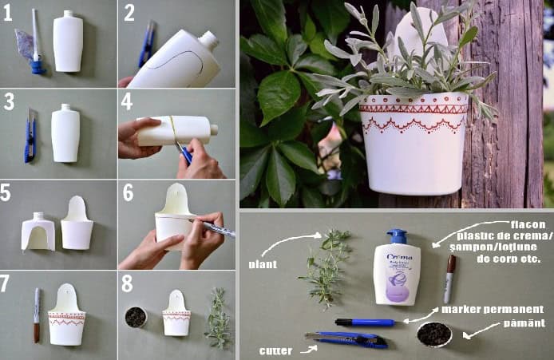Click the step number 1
coord(9,13)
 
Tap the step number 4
coord(128,101)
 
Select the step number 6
coord(128,192)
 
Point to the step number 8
coord(128,282)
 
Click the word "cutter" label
coord(275,350)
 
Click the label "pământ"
coord(524,322)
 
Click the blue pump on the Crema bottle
coord(398,237)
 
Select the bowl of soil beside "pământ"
coord(433,334)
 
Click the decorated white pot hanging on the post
coord(413,140)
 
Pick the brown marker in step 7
coord(37,315)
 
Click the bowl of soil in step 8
coord(136,317)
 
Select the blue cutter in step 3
coord(30,136)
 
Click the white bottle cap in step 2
coord(209,39)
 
